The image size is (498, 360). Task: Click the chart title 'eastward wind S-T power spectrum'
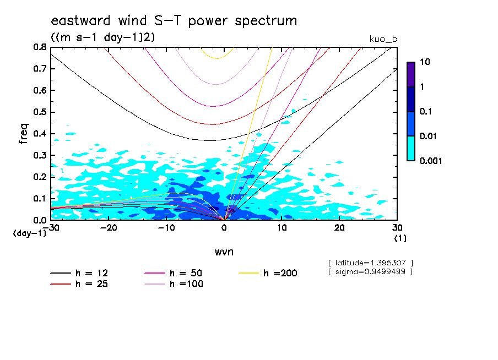coord(174,21)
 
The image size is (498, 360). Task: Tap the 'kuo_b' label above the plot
coord(383,39)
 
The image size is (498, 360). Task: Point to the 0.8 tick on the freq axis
coord(40,47)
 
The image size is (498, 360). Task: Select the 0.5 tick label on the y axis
coord(40,112)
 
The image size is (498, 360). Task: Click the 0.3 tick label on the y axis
coord(40,156)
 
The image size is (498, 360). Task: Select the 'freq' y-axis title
coord(23,134)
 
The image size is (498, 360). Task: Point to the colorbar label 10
coord(425,62)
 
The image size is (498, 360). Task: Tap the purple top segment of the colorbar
coord(410,74)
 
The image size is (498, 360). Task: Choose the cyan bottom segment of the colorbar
coord(410,149)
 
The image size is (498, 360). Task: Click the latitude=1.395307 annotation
coord(370,263)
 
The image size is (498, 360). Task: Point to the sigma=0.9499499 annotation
coord(370,271)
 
